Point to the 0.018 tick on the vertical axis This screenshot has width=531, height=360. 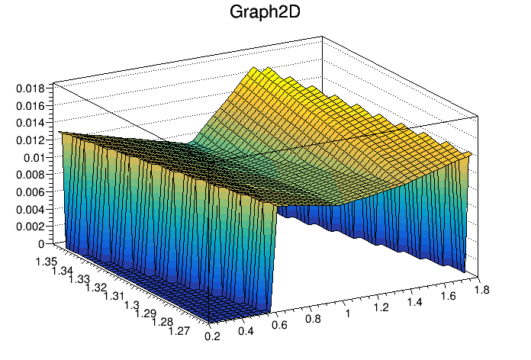click(x=32, y=88)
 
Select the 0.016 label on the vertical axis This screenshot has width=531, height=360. click(x=32, y=105)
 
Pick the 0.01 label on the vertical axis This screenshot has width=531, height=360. click(x=36, y=158)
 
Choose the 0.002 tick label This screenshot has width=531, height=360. click(x=32, y=227)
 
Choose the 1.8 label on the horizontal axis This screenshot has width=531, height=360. click(x=481, y=290)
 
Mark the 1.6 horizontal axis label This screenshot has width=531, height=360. click(x=449, y=296)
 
